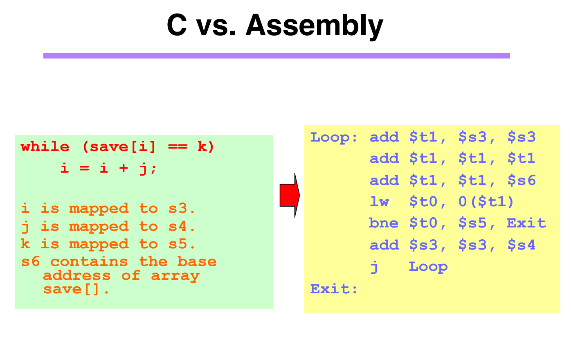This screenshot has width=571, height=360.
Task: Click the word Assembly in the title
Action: pyautogui.click(x=314, y=25)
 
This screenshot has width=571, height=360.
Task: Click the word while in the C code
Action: pyautogui.click(x=45, y=147)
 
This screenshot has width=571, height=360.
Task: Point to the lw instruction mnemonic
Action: pyautogui.click(x=379, y=201)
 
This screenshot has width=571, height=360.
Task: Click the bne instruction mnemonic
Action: pyautogui.click(x=384, y=223)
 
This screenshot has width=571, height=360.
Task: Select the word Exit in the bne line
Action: pyautogui.click(x=526, y=223)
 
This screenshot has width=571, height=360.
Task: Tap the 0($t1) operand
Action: pyautogui.click(x=486, y=201)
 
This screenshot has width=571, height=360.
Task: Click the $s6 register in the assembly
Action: pyautogui.click(x=522, y=180)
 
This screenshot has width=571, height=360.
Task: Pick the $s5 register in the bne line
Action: pyautogui.click(x=472, y=223)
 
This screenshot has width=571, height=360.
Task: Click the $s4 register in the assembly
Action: pyautogui.click(x=522, y=245)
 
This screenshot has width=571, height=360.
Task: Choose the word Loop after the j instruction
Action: pyautogui.click(x=428, y=267)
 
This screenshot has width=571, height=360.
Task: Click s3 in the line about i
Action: pyautogui.click(x=178, y=209)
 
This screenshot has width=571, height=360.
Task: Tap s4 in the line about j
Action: pyautogui.click(x=178, y=226)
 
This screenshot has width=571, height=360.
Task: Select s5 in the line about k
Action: pyautogui.click(x=178, y=244)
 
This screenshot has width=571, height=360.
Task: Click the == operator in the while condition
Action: pyautogui.click(x=178, y=147)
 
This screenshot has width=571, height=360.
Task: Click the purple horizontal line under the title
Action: pyautogui.click(x=277, y=56)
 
